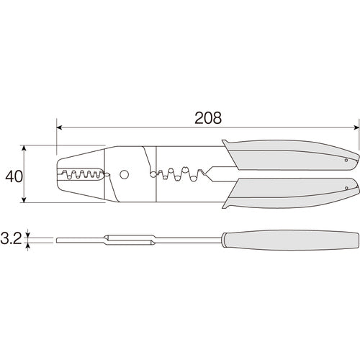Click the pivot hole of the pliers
pyautogui.click(x=125, y=174)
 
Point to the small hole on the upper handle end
pyautogui.click(x=346, y=160)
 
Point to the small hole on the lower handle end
pyautogui.click(x=346, y=188)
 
